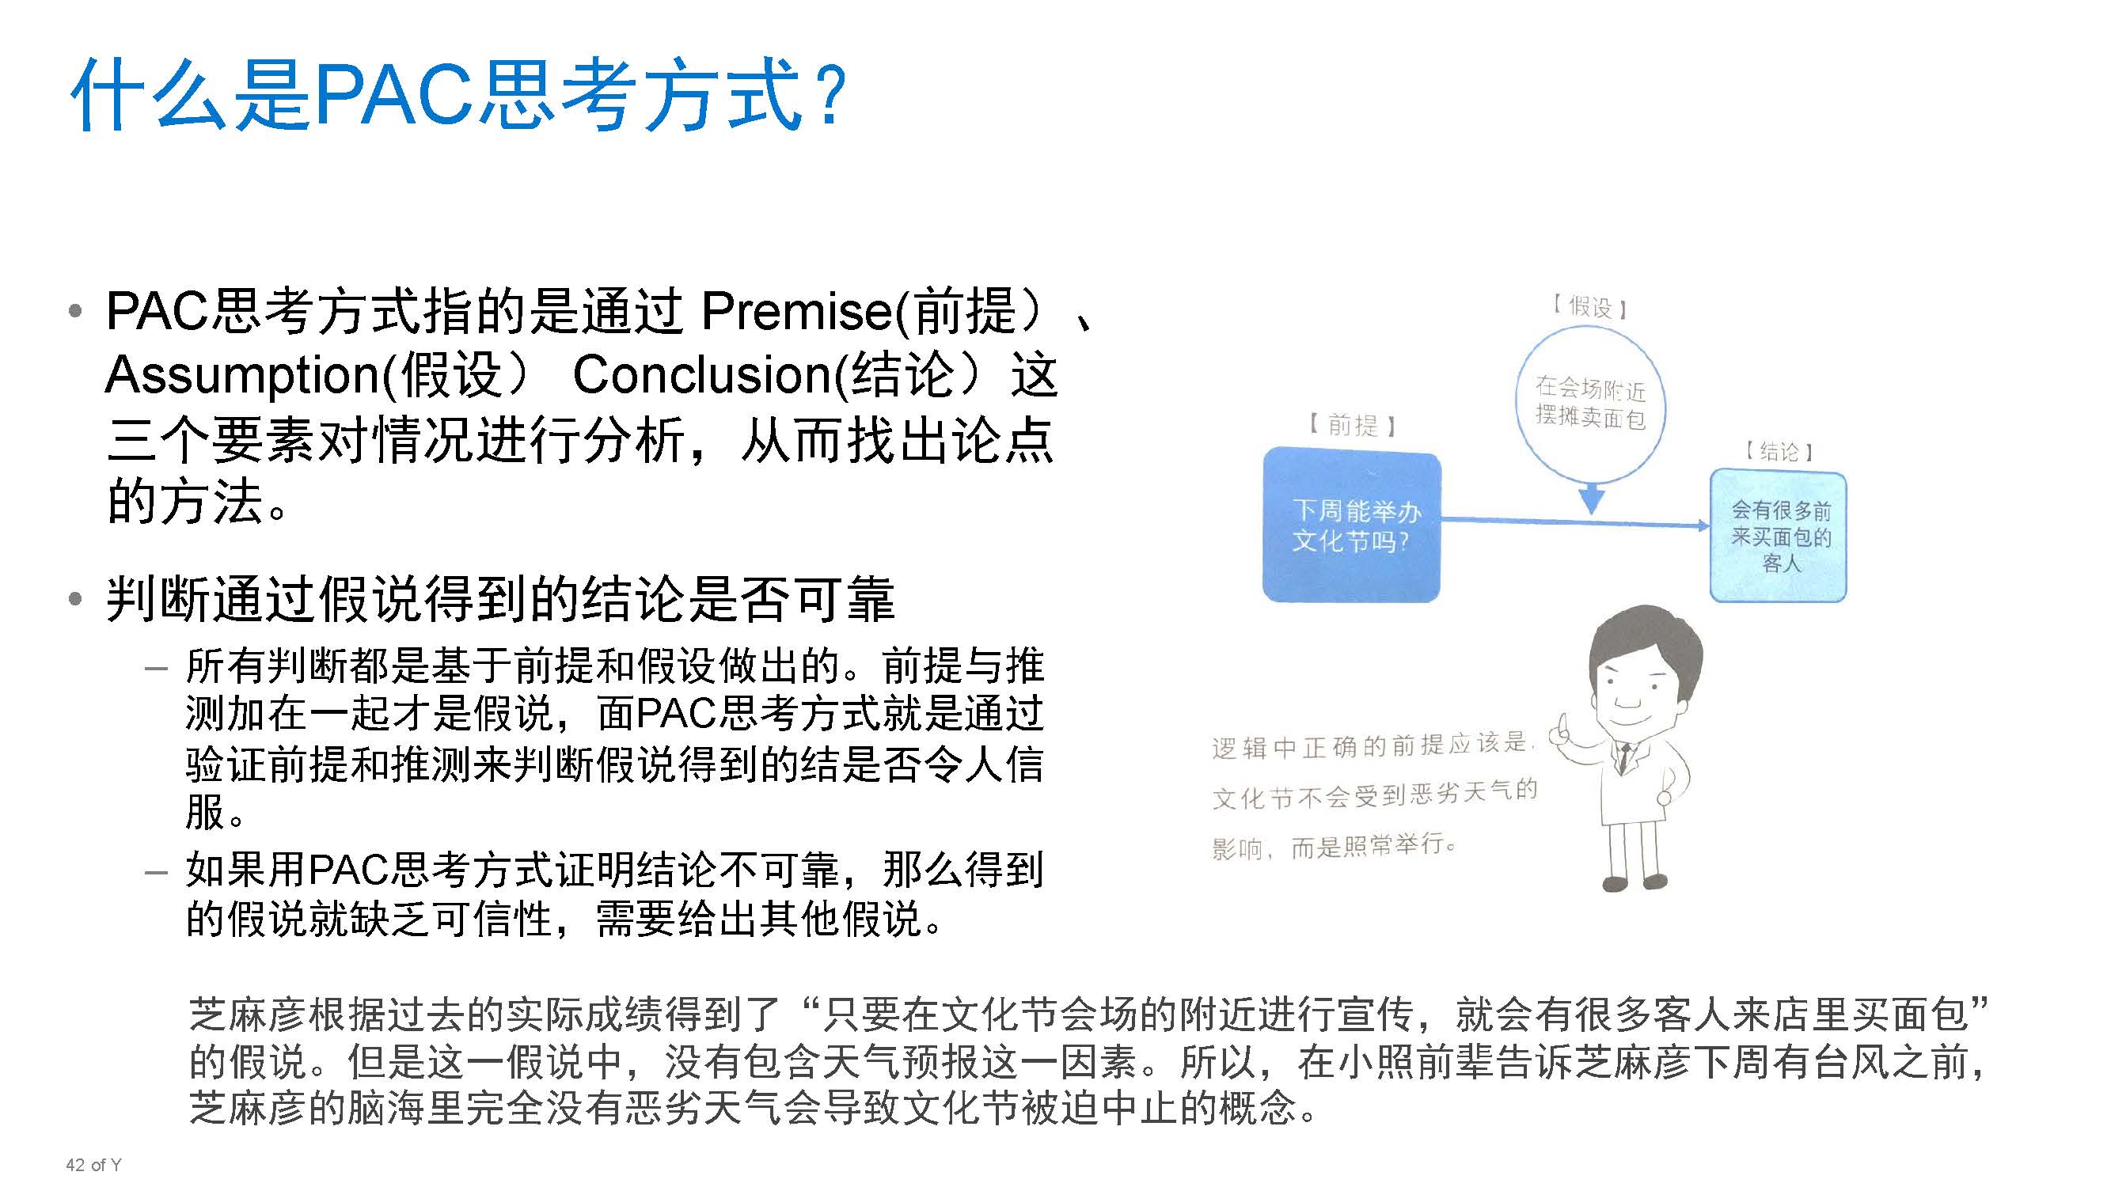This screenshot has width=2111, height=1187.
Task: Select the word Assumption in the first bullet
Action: pyautogui.click(x=242, y=375)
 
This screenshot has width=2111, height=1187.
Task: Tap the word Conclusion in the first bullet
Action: pyautogui.click(x=701, y=375)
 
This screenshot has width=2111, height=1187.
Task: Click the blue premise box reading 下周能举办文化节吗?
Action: pyautogui.click(x=1351, y=525)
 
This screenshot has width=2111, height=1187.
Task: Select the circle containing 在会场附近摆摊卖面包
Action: pyautogui.click(x=1590, y=403)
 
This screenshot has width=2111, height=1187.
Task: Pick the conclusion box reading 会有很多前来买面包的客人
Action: pyautogui.click(x=1779, y=537)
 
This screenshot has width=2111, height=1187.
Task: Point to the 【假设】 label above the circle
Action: pyautogui.click(x=1590, y=307)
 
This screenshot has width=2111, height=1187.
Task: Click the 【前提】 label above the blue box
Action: pyautogui.click(x=1353, y=425)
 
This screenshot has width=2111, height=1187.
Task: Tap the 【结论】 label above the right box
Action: pyautogui.click(x=1779, y=451)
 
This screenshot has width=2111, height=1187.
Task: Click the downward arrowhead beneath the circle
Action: pyautogui.click(x=1591, y=499)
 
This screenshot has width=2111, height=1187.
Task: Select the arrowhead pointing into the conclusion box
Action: pyautogui.click(x=1703, y=525)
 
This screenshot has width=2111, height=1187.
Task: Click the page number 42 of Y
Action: pyautogui.click(x=93, y=1165)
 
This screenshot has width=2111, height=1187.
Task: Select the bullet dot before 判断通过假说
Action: pyautogui.click(x=75, y=600)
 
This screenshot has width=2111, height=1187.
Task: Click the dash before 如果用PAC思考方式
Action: pyautogui.click(x=156, y=872)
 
